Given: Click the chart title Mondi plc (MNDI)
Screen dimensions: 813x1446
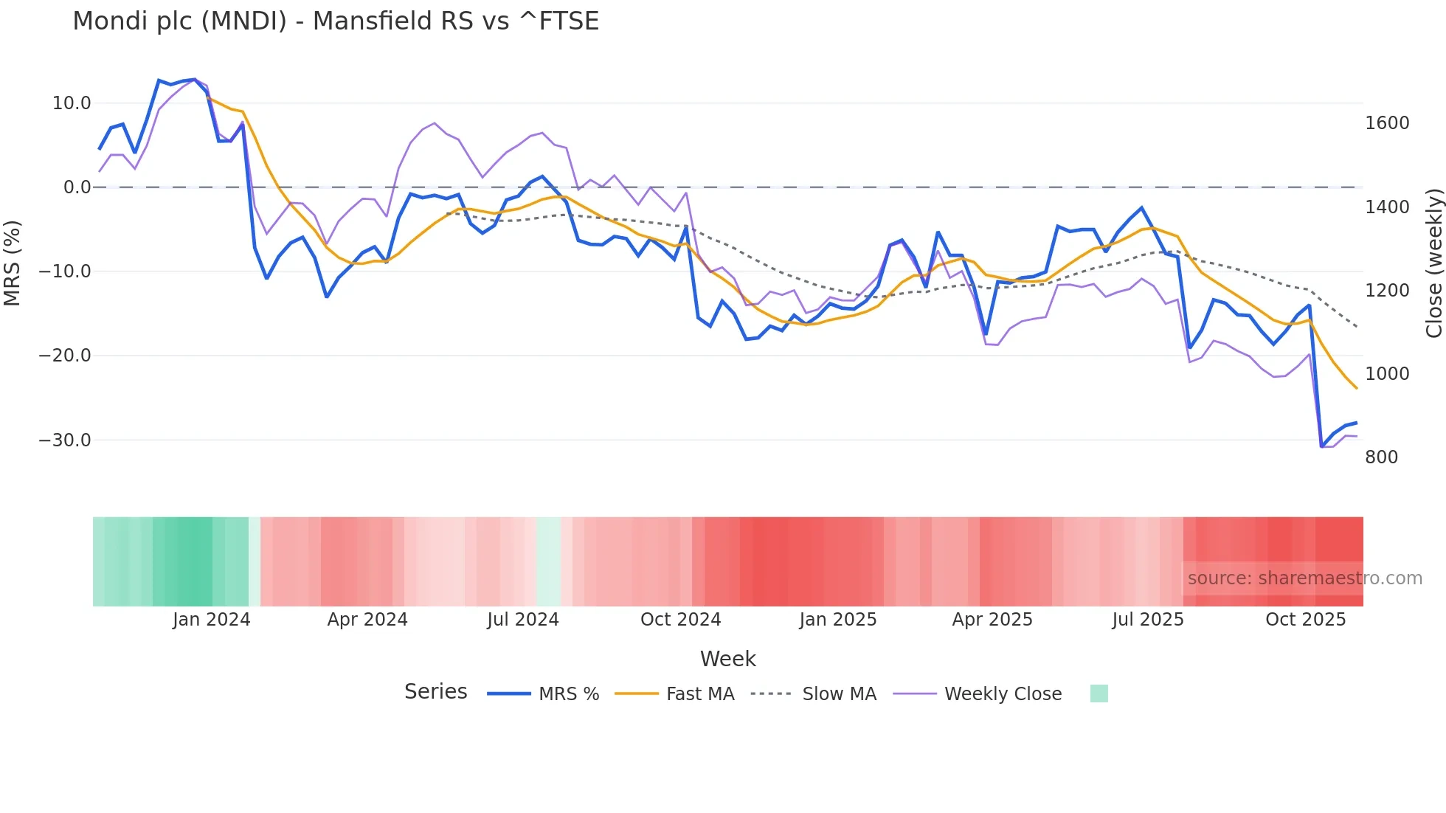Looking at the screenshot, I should click(x=335, y=21).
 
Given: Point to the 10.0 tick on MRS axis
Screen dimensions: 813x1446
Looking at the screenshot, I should click(x=72, y=103).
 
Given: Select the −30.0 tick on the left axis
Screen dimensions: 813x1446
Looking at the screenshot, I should click(x=65, y=440).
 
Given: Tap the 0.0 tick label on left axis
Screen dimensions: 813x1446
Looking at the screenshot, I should click(x=77, y=187).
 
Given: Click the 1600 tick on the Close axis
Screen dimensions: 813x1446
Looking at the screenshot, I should click(x=1387, y=123).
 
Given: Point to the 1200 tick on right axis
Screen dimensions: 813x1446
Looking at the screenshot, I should click(x=1387, y=291).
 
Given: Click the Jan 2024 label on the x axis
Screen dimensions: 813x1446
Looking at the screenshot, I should click(x=212, y=620).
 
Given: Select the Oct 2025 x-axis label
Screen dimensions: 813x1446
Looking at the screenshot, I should click(x=1305, y=620).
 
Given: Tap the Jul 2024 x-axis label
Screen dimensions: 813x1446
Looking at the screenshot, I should click(x=523, y=620).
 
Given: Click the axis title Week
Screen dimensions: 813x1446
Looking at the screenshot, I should click(x=727, y=659).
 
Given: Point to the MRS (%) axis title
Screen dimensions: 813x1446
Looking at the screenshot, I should click(x=13, y=263).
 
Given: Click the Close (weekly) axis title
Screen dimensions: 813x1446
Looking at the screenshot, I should click(x=1433, y=263).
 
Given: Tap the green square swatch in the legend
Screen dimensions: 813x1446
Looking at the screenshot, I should click(x=1099, y=693).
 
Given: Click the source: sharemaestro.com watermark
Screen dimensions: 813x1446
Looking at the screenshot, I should click(x=1304, y=578).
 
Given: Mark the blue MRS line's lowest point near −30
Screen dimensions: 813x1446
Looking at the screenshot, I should click(x=1321, y=446).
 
